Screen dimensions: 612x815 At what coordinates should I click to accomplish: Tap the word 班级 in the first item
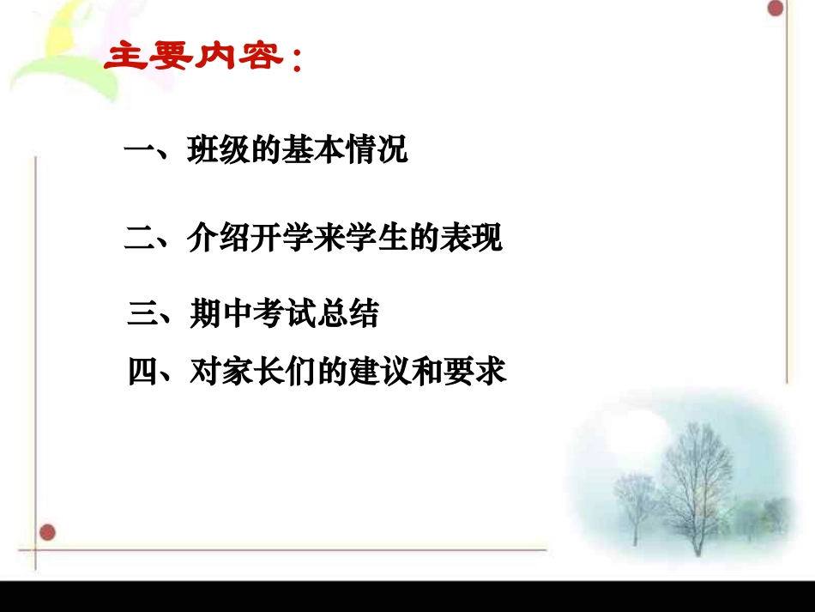[x=218, y=152]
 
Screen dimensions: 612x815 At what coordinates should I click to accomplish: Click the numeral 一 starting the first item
[x=138, y=153]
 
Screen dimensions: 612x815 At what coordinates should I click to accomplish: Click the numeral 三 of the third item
[x=142, y=314]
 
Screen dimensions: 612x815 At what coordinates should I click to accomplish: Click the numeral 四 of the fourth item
[x=142, y=372]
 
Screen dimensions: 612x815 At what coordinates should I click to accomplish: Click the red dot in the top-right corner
[x=776, y=9]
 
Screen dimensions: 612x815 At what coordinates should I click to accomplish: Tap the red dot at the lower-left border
[x=48, y=532]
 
